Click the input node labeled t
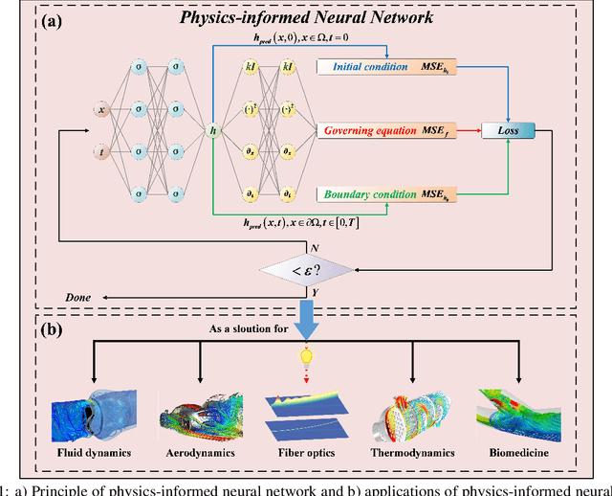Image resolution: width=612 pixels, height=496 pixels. [102, 151]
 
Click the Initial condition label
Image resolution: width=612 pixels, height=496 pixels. [365, 66]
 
